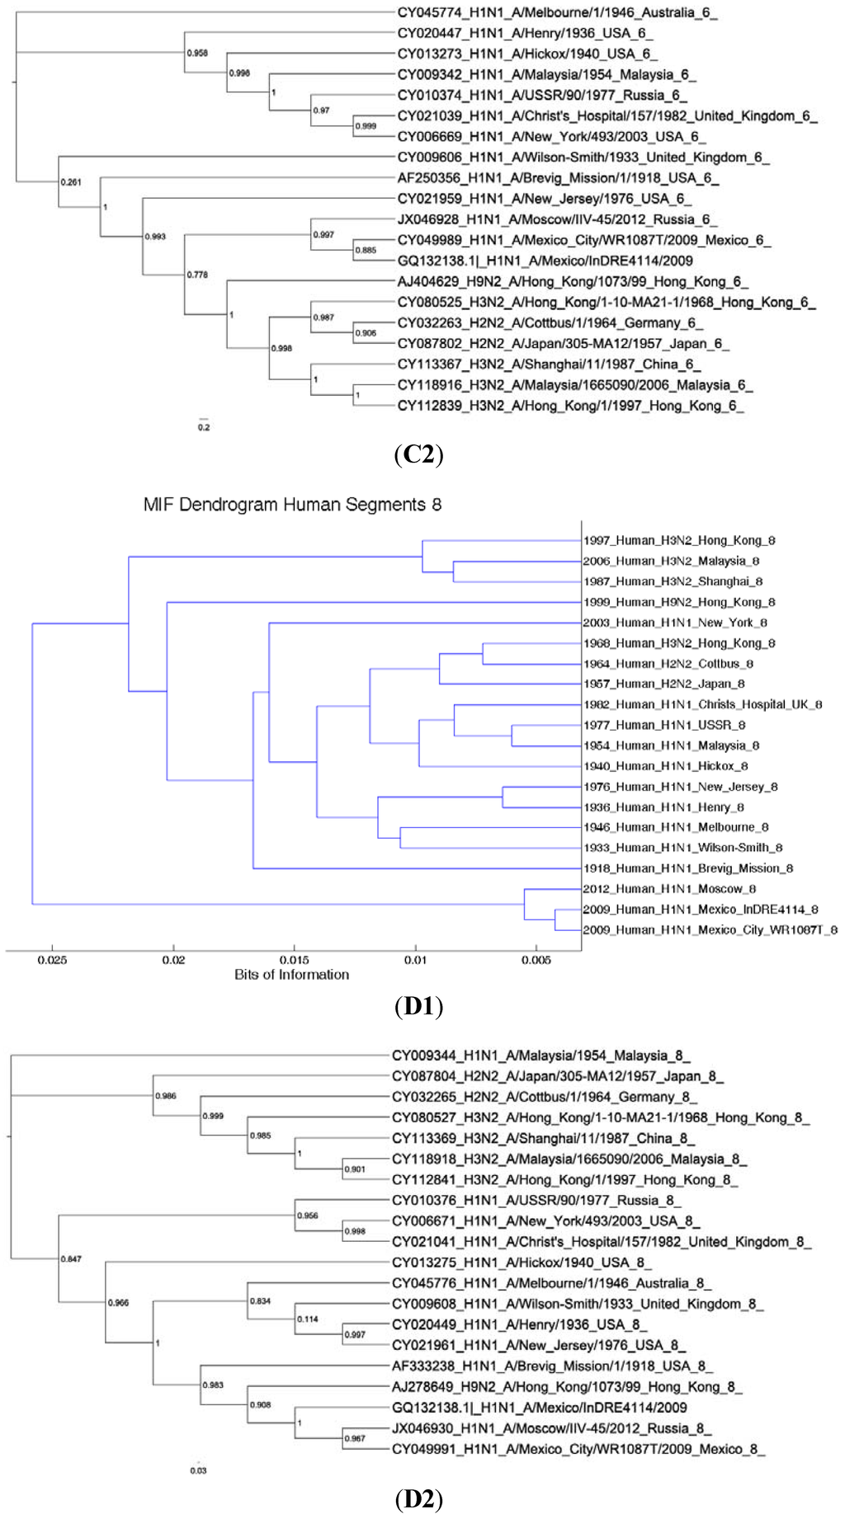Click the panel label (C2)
(x=419, y=454)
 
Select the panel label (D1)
(x=419, y=1006)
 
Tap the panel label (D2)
(x=419, y=1498)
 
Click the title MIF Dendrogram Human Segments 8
(x=292, y=505)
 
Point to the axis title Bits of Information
(x=291, y=975)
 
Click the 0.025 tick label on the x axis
(x=53, y=960)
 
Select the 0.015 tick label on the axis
(x=295, y=960)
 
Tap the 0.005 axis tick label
(x=536, y=960)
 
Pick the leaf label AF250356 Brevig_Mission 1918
(x=558, y=178)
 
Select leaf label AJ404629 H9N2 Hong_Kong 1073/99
(x=573, y=282)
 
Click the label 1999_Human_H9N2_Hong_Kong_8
(x=679, y=602)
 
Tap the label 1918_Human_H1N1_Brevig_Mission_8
(x=688, y=868)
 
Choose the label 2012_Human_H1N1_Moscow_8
(x=669, y=889)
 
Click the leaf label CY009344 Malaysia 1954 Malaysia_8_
(x=541, y=1056)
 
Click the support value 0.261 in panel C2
(x=71, y=182)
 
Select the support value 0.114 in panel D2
(x=307, y=1319)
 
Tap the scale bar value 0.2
(x=204, y=427)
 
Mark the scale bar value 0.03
(x=198, y=1470)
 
